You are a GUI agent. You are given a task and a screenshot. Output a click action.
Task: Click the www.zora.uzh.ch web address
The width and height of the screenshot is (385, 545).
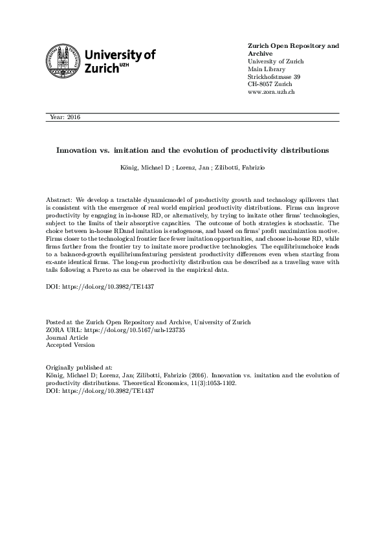tap(272, 93)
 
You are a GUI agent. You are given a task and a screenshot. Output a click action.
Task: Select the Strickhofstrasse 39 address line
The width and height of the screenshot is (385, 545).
tap(274, 77)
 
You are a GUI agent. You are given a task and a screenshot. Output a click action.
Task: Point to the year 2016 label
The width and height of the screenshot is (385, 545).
tap(65, 117)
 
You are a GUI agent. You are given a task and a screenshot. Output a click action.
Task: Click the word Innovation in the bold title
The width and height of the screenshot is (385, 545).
tap(78, 150)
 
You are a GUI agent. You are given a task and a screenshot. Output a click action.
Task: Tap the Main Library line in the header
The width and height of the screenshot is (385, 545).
tap(265, 69)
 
